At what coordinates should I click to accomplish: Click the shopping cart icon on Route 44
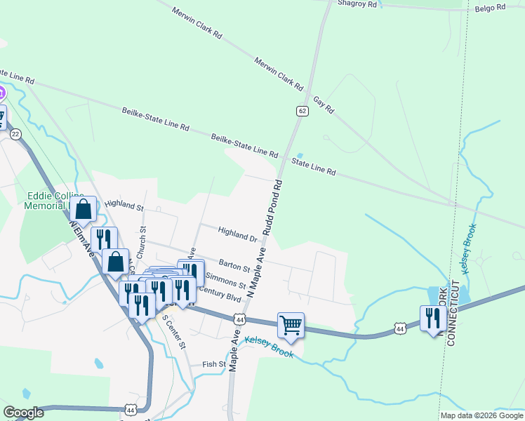(x=291, y=324)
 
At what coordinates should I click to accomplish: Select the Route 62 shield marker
(x=302, y=111)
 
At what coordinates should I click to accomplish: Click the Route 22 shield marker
(x=16, y=133)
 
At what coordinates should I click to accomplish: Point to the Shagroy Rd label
(x=357, y=4)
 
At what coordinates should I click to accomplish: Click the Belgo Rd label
(x=490, y=8)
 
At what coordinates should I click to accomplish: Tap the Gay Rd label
(x=324, y=105)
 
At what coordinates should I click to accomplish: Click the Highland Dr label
(x=237, y=234)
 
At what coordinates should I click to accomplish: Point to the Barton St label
(x=234, y=265)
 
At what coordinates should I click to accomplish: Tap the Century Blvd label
(x=220, y=294)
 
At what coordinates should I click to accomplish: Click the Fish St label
(x=214, y=364)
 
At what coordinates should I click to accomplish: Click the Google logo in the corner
(x=23, y=413)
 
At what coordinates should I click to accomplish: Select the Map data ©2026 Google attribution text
(x=481, y=415)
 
